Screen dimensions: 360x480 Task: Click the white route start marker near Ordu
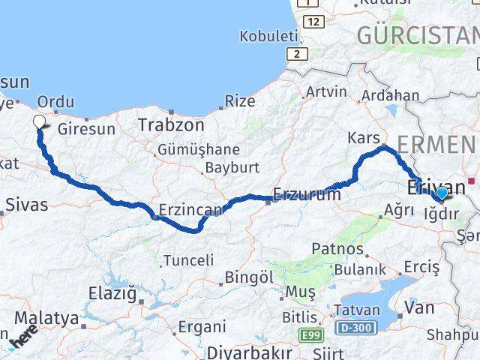(x=39, y=121)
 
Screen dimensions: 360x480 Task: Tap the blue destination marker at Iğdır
(x=441, y=193)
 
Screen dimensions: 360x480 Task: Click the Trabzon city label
(x=171, y=125)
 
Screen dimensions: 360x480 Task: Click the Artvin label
(x=326, y=92)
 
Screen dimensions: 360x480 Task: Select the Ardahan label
(x=390, y=95)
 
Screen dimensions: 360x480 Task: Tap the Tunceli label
(x=187, y=260)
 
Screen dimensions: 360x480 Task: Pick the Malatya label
(x=46, y=318)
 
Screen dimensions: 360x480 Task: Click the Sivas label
(x=26, y=204)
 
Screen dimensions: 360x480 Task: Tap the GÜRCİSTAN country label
(x=416, y=34)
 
